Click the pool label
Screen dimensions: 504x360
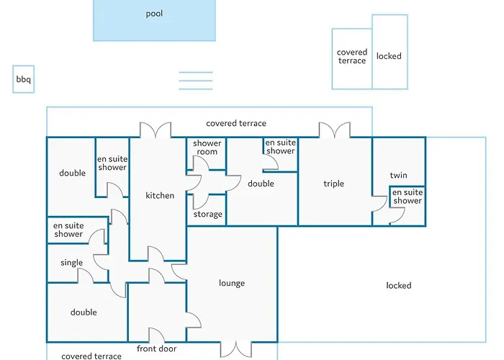click(x=154, y=14)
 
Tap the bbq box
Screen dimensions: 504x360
click(x=24, y=79)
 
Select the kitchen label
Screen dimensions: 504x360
click(x=160, y=195)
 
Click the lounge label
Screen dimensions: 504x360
click(x=232, y=283)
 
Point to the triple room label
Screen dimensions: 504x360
click(x=333, y=184)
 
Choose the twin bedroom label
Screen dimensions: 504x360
click(x=399, y=175)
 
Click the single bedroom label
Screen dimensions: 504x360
click(x=72, y=263)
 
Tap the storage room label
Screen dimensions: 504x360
click(x=208, y=215)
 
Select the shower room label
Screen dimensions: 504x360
click(x=207, y=147)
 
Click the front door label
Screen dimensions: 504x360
click(x=156, y=348)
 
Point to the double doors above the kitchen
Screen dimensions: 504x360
click(x=156, y=130)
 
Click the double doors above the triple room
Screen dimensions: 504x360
click(x=335, y=130)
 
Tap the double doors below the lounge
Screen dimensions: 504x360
click(x=236, y=349)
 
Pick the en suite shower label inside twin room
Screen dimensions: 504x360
click(x=408, y=197)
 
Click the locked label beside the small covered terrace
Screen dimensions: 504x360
click(x=389, y=56)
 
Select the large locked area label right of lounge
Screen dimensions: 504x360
click(x=399, y=285)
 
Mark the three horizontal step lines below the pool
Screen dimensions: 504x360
click(x=196, y=81)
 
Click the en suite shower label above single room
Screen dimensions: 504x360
click(x=68, y=230)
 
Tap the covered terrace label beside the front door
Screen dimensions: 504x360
click(x=91, y=356)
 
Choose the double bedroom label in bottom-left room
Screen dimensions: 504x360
click(x=84, y=312)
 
